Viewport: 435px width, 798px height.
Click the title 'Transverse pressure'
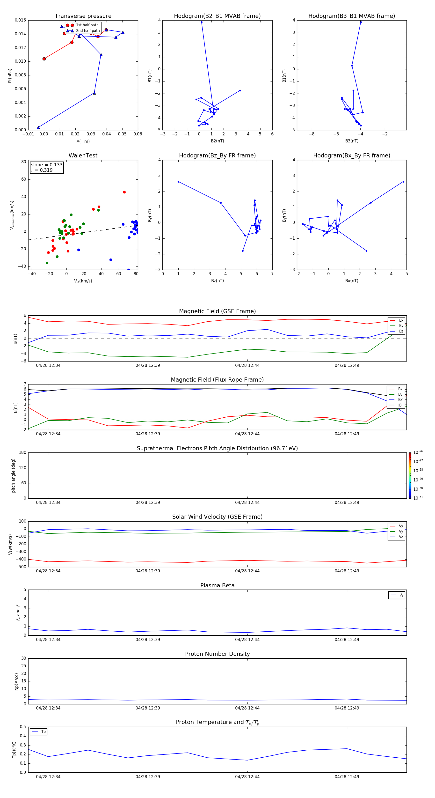tap(83, 16)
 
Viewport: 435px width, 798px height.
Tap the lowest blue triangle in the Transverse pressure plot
tap(38, 128)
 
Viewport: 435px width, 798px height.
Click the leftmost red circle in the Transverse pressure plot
tap(44, 59)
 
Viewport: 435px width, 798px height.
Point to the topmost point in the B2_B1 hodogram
tap(202, 22)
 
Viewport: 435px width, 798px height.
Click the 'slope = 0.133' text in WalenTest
tap(46, 165)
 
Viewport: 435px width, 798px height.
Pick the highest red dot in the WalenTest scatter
tap(124, 192)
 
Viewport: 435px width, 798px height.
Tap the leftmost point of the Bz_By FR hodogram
tap(178, 182)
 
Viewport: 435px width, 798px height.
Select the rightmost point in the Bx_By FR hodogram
tap(403, 182)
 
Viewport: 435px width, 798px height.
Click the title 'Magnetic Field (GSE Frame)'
tap(217, 311)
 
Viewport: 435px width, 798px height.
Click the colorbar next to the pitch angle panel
tap(410, 475)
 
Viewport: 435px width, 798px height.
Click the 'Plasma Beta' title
tap(217, 585)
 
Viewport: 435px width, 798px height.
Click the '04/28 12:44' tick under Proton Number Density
tap(247, 708)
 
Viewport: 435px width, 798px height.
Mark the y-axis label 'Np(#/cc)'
tap(16, 681)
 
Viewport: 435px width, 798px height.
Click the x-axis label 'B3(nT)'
tap(352, 141)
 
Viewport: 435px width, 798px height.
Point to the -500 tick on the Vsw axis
tap(21, 567)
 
